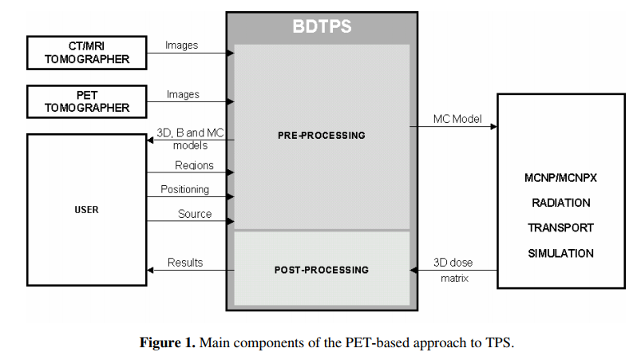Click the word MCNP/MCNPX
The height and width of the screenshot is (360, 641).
click(x=560, y=177)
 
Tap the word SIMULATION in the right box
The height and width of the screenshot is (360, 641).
click(x=560, y=253)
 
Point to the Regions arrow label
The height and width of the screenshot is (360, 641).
click(x=194, y=165)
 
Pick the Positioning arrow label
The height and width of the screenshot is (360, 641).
click(x=184, y=189)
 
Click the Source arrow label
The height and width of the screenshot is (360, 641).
click(x=195, y=214)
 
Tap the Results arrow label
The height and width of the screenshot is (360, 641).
click(x=185, y=263)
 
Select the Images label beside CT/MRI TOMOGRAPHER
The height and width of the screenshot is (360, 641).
click(x=182, y=45)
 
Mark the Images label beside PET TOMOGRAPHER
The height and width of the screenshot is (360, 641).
click(x=183, y=94)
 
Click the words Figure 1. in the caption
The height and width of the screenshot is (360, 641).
click(x=168, y=343)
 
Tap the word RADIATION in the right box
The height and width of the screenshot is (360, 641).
click(x=560, y=203)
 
